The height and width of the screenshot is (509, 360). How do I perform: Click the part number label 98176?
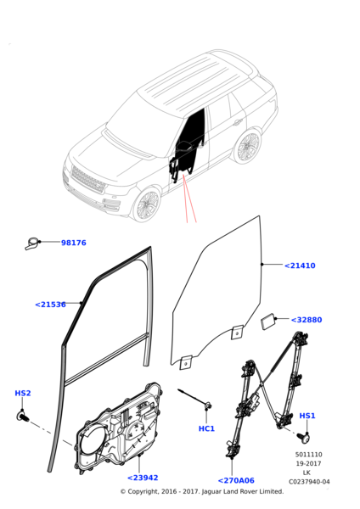click(x=74, y=243)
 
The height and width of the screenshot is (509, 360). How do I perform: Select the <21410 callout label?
click(x=300, y=266)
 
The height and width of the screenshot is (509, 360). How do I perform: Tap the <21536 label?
click(x=50, y=305)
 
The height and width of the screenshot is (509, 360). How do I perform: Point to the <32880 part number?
click(x=307, y=320)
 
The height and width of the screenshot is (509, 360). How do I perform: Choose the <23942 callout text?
click(x=143, y=478)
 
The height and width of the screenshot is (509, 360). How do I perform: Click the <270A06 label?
click(x=236, y=480)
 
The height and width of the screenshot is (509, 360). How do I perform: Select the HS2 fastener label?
click(x=23, y=393)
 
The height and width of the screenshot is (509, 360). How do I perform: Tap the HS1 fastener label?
click(x=307, y=416)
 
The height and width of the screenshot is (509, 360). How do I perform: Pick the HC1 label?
click(x=206, y=428)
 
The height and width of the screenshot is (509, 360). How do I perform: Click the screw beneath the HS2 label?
click(x=22, y=416)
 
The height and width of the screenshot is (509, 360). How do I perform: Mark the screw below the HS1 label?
click(x=303, y=437)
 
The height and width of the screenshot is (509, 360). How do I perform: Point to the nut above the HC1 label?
click(x=207, y=406)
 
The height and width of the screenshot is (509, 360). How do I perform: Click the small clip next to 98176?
click(x=31, y=243)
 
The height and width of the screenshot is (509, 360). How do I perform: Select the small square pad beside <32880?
click(x=268, y=322)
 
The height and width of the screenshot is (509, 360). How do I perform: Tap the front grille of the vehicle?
click(x=88, y=180)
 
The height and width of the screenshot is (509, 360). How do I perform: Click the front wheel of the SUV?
click(x=147, y=206)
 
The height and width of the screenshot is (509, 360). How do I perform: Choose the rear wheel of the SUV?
click(x=248, y=147)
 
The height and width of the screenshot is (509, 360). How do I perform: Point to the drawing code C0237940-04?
click(x=309, y=482)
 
